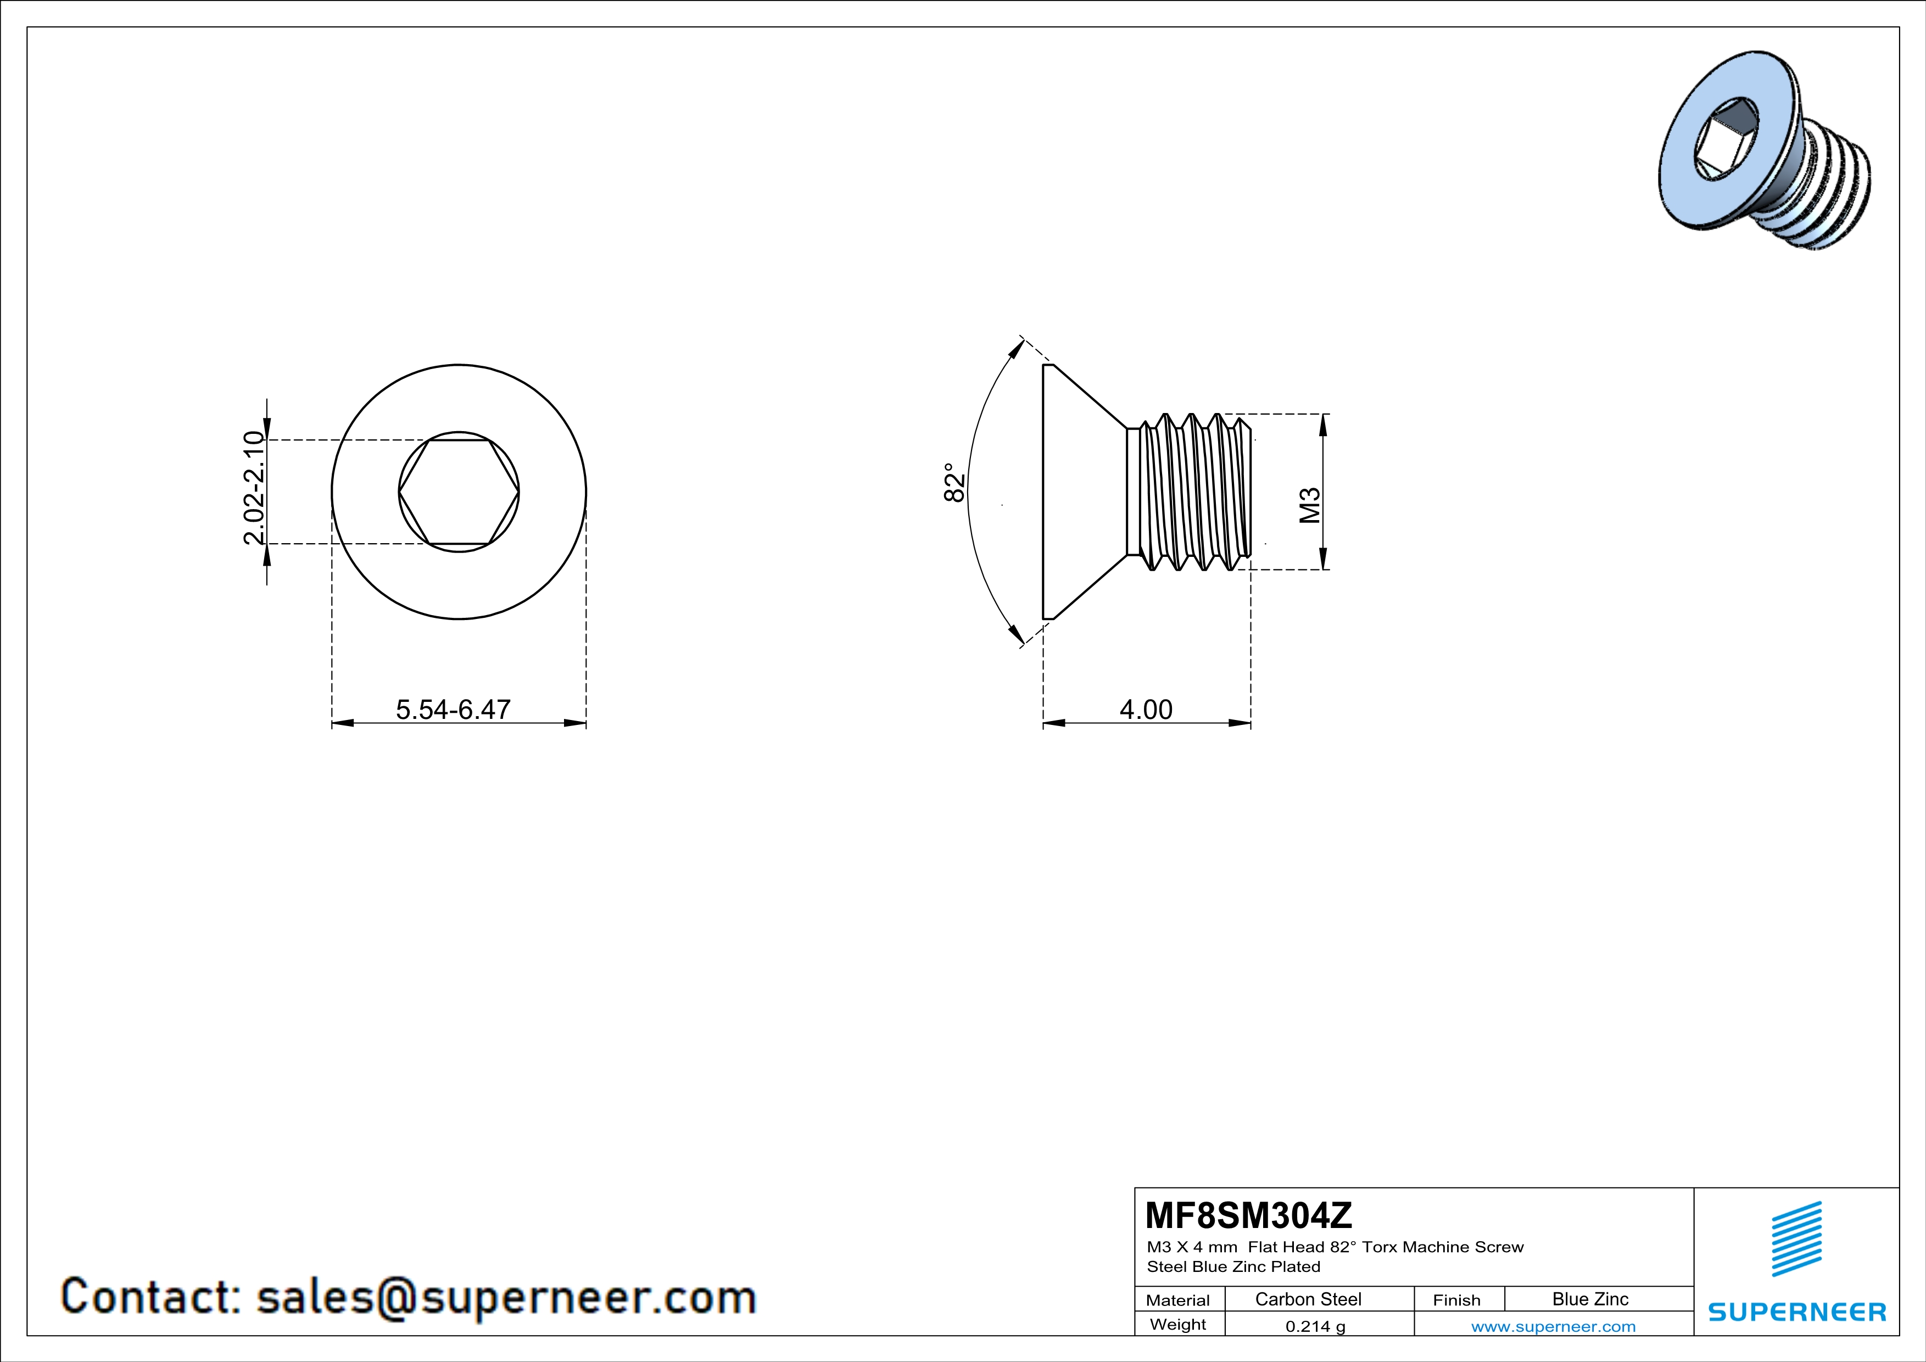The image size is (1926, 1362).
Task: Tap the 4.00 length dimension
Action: coord(1146,710)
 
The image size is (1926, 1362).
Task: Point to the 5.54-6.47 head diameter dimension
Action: coord(453,710)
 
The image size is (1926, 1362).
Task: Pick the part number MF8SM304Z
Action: coord(1248,1215)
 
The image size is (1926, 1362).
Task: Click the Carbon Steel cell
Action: coord(1308,1299)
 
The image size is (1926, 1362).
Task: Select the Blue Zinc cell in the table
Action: coord(1589,1299)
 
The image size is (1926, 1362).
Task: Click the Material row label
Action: coord(1178,1300)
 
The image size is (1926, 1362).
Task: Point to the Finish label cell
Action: coord(1456,1300)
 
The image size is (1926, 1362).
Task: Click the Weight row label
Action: coord(1178,1324)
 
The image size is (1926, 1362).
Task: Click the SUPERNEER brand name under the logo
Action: coord(1797,1311)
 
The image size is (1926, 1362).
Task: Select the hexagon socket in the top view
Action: coord(459,492)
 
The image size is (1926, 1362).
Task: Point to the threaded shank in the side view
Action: coord(1191,492)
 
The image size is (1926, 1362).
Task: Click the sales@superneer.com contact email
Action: coord(506,1297)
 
